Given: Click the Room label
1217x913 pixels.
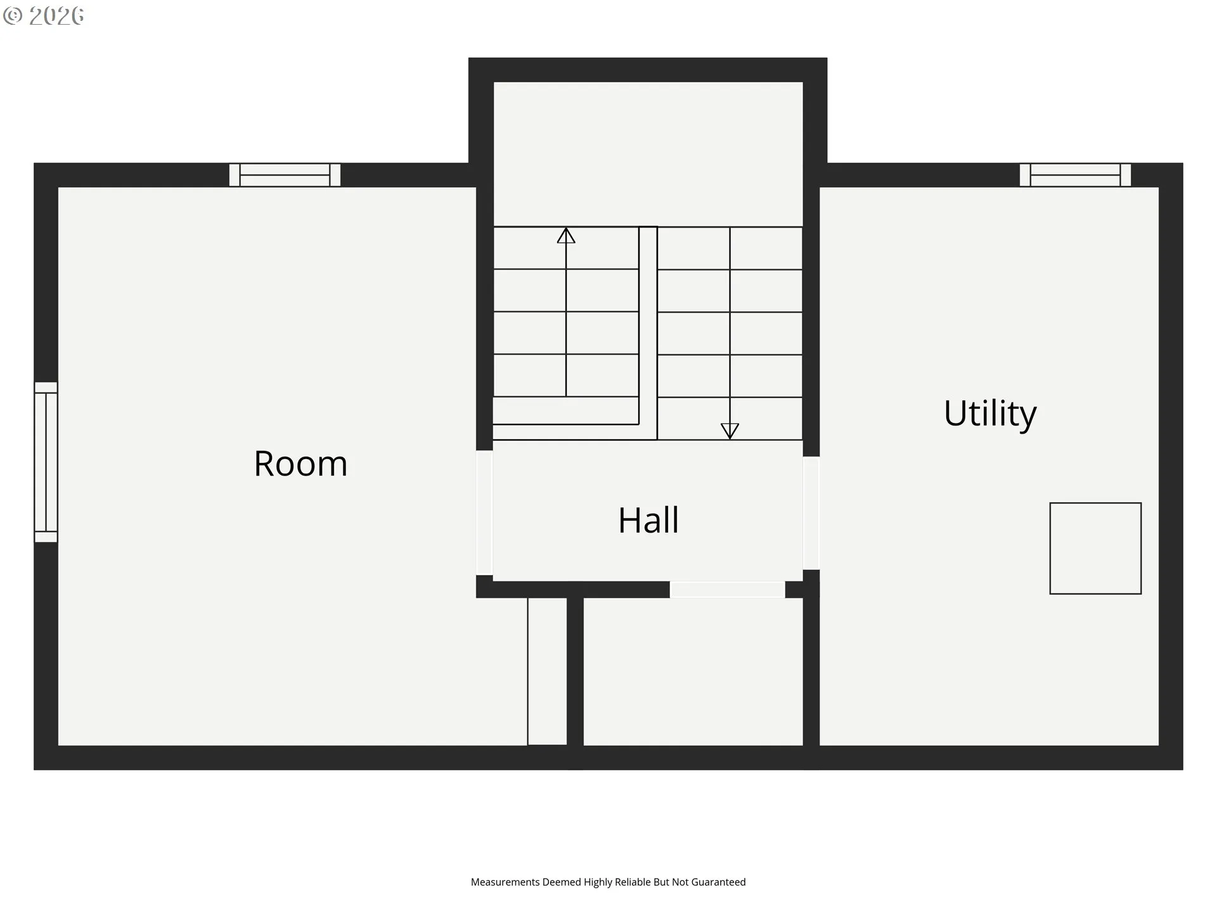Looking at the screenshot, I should pyautogui.click(x=300, y=463).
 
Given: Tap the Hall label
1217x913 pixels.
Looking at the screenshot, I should pyautogui.click(x=648, y=521).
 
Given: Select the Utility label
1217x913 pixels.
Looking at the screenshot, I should pyautogui.click(x=989, y=413).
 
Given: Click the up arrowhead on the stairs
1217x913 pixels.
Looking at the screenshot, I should pyautogui.click(x=566, y=236).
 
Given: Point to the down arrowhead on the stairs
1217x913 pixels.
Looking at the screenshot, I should pyautogui.click(x=730, y=431).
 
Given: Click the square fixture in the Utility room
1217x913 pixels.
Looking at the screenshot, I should pyautogui.click(x=1095, y=548).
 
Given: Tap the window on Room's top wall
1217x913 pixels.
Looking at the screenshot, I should pyautogui.click(x=285, y=175).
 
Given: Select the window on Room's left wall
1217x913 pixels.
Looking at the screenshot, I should pyautogui.click(x=46, y=462).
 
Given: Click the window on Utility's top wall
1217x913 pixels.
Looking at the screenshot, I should pyautogui.click(x=1074, y=175).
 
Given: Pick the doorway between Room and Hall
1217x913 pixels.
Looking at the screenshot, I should pyautogui.click(x=484, y=512).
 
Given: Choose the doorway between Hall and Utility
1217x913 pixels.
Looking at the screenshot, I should pyautogui.click(x=811, y=513).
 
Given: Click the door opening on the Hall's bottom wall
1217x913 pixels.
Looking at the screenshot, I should pyautogui.click(x=727, y=590).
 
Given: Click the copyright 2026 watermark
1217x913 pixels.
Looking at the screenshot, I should pyautogui.click(x=44, y=16).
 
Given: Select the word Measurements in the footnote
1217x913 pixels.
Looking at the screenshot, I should pyautogui.click(x=505, y=882).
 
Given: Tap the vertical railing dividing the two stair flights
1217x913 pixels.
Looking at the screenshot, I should pyautogui.click(x=648, y=330).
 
